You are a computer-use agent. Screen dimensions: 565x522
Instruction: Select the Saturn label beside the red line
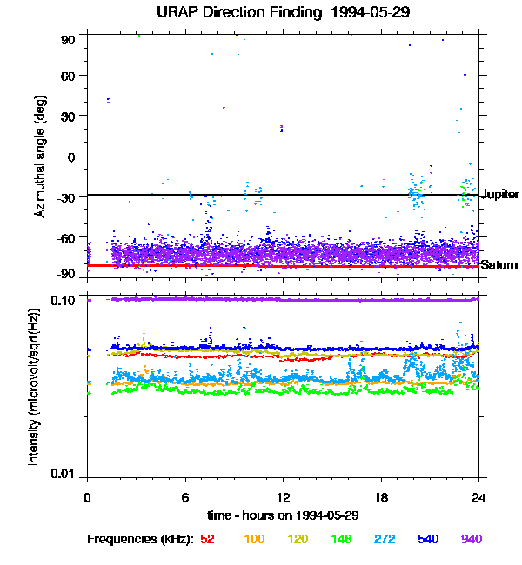point(499,265)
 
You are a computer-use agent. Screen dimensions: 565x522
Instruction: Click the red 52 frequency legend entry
point(207,539)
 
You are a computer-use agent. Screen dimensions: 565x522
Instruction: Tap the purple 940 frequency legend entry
point(472,539)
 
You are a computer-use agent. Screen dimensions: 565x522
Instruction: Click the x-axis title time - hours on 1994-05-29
point(283,515)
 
